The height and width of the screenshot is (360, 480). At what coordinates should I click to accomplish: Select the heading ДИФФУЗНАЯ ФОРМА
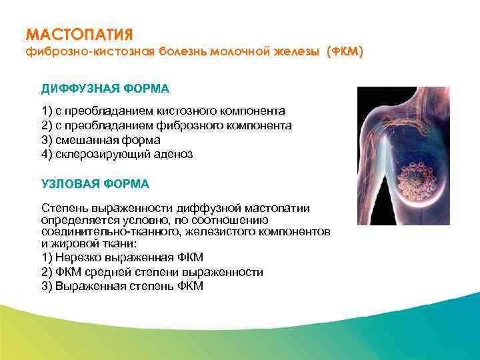105,89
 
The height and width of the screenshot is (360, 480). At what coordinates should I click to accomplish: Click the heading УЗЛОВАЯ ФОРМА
95,183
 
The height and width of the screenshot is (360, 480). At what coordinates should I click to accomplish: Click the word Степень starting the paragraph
62,208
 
